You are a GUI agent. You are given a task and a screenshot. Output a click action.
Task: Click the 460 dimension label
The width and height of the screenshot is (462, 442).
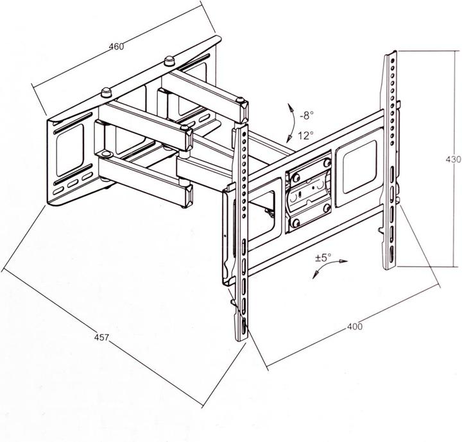tap(116, 47)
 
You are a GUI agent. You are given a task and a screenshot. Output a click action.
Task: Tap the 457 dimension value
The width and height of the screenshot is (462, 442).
tap(101, 338)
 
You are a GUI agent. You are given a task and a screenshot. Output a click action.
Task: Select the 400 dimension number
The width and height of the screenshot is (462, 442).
tap(355, 327)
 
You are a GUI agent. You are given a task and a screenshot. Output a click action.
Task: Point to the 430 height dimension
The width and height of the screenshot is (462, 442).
tap(453, 159)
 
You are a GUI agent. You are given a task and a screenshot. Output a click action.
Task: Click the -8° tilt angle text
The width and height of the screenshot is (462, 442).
tap(307, 115)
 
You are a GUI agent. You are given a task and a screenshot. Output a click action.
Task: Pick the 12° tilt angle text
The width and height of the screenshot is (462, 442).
tap(305, 136)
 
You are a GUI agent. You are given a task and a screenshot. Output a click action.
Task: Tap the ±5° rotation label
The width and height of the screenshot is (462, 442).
tap(323, 258)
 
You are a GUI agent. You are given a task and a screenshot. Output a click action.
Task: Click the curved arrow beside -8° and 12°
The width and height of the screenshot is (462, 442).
tap(294, 124)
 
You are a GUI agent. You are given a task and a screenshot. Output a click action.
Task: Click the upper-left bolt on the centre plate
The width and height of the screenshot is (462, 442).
tap(296, 177)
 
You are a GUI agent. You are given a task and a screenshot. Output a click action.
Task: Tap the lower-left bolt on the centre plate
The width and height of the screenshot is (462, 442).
tap(295, 223)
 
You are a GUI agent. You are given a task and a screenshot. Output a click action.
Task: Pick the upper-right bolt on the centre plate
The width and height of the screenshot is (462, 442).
tap(327, 163)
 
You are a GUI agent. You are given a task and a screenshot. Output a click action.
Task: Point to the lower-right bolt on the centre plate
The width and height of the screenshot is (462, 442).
tap(327, 208)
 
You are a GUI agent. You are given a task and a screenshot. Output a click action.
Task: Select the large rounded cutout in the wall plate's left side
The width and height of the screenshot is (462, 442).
tap(69, 150)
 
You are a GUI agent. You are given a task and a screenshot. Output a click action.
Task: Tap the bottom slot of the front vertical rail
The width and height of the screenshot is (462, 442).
tap(244, 326)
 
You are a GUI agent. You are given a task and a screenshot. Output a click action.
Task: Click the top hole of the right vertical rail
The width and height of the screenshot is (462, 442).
tap(393, 61)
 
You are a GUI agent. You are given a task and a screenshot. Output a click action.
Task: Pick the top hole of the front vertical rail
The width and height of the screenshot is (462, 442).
tap(244, 134)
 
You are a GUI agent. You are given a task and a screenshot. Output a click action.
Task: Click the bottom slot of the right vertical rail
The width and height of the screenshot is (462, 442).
tap(391, 253)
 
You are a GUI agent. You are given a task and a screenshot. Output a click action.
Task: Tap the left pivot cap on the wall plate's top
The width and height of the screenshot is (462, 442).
tap(107, 92)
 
